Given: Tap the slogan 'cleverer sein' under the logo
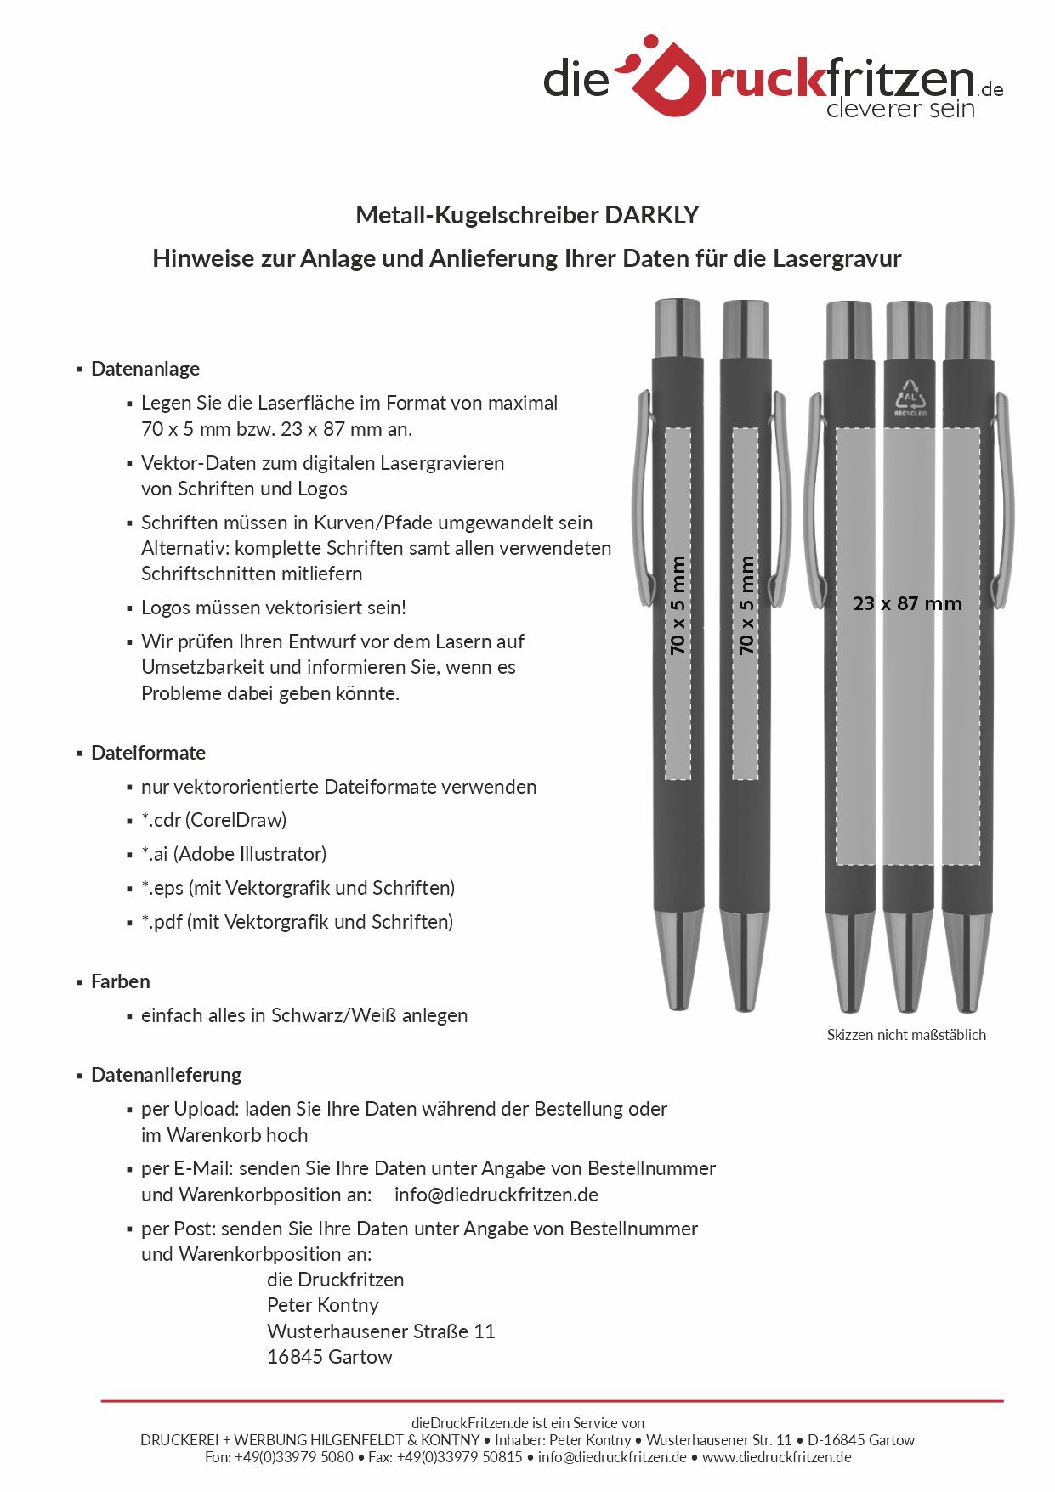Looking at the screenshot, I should click(899, 109).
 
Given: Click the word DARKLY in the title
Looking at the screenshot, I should click(651, 215).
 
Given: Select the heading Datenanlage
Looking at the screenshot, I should click(145, 369).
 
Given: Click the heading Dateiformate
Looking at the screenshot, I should click(148, 753).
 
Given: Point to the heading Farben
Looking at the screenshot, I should click(121, 981).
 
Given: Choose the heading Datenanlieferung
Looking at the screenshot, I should click(166, 1075).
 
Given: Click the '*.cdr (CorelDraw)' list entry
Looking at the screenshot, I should click(213, 820).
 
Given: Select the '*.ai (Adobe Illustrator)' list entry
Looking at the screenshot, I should click(234, 854).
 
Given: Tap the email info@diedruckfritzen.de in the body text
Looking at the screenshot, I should click(496, 1195).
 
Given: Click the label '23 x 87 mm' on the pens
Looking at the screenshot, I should click(907, 603).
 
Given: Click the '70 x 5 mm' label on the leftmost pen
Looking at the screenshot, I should click(678, 605).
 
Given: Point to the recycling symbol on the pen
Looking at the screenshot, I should click(910, 397).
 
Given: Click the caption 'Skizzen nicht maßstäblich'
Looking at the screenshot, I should click(906, 1035).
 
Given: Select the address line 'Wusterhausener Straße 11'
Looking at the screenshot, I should click(380, 1331).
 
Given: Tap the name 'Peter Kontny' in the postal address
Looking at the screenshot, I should click(322, 1305).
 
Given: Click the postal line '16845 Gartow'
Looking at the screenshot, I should click(329, 1357).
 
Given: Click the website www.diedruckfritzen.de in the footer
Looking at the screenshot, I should click(776, 1457).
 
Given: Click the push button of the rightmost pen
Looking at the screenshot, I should click(967, 329).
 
